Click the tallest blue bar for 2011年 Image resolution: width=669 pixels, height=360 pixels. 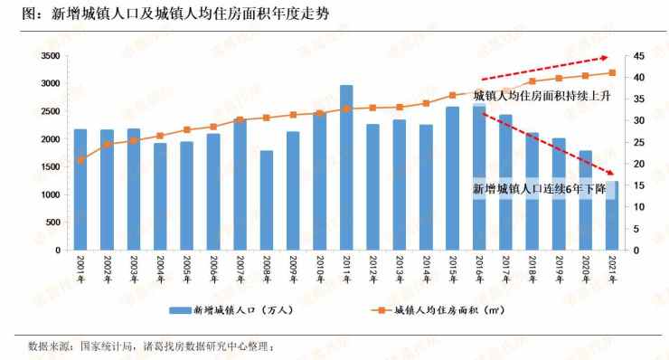346,167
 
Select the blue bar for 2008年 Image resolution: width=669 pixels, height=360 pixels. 267,200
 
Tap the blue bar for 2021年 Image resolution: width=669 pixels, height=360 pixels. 612,215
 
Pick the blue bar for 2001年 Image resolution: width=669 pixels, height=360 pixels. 80,190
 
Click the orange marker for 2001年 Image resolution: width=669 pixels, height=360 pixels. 80,160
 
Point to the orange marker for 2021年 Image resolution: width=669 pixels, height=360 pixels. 612,73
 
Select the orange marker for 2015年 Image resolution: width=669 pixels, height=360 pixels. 453,95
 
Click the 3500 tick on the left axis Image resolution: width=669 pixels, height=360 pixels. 51,56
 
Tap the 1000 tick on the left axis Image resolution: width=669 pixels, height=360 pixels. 51,194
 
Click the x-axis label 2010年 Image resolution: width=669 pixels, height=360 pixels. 320,270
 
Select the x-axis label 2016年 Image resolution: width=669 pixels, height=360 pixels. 479,270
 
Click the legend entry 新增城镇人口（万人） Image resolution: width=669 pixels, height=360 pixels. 231,310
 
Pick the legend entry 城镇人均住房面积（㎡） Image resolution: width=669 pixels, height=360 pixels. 438,310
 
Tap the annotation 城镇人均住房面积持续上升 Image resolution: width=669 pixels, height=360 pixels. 542,96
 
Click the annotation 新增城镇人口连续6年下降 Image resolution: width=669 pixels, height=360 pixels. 540,188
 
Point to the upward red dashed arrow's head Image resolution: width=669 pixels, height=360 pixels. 607,58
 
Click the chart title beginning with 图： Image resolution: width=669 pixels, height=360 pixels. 175,14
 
